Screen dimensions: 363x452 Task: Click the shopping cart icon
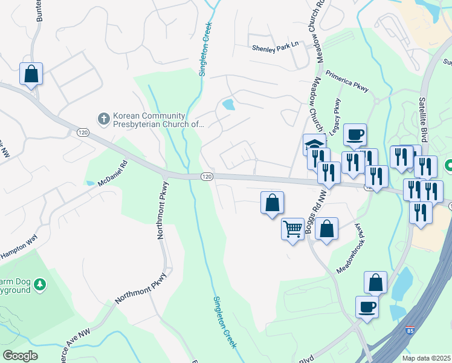(x=292, y=229)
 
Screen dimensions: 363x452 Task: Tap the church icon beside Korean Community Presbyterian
(x=103, y=118)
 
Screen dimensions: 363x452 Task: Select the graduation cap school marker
(x=314, y=144)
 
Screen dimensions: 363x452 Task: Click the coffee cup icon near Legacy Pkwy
(x=355, y=134)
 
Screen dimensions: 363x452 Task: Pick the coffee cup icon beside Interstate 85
(x=367, y=306)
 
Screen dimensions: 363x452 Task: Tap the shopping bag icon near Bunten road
(x=31, y=74)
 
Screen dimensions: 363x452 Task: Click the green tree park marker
(x=40, y=284)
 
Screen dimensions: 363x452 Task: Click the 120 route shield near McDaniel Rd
(x=83, y=132)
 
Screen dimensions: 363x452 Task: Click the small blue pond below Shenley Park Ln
(x=228, y=104)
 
